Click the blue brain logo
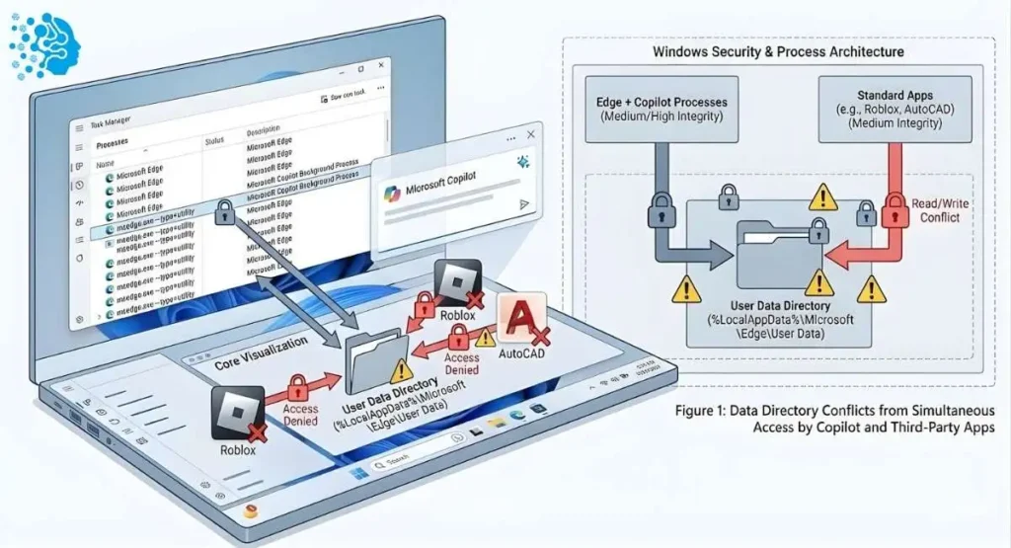(x=45, y=44)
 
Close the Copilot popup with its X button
(x=533, y=133)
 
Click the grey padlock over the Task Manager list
(x=224, y=211)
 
